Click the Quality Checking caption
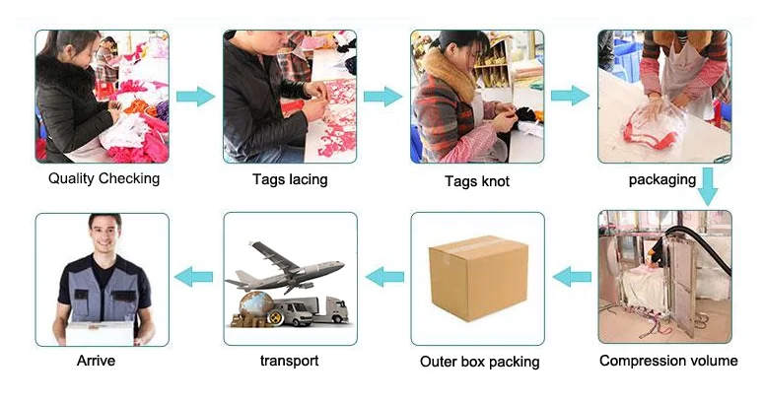click(104, 178)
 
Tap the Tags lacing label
click(290, 179)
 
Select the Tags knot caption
click(476, 181)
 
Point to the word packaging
click(662, 179)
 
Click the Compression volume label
click(668, 361)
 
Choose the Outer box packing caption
click(479, 362)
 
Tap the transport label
click(289, 361)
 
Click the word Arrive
click(96, 361)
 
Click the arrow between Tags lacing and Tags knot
click(382, 97)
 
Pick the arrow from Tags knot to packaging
click(570, 96)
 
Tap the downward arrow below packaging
click(709, 188)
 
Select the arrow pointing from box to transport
click(383, 277)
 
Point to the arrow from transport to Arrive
click(195, 277)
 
